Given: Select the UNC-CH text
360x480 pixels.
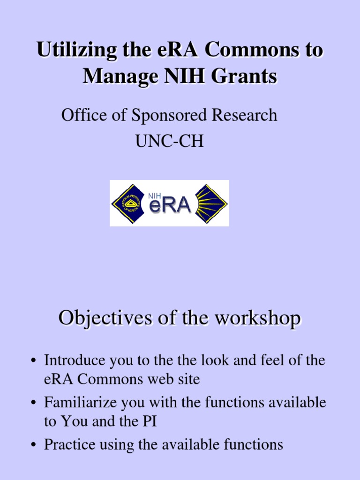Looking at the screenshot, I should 170,142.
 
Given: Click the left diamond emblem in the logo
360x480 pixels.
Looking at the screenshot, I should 127,203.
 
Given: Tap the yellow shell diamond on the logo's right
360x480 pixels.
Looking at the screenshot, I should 211,203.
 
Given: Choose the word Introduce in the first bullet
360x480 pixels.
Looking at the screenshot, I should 68,361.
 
